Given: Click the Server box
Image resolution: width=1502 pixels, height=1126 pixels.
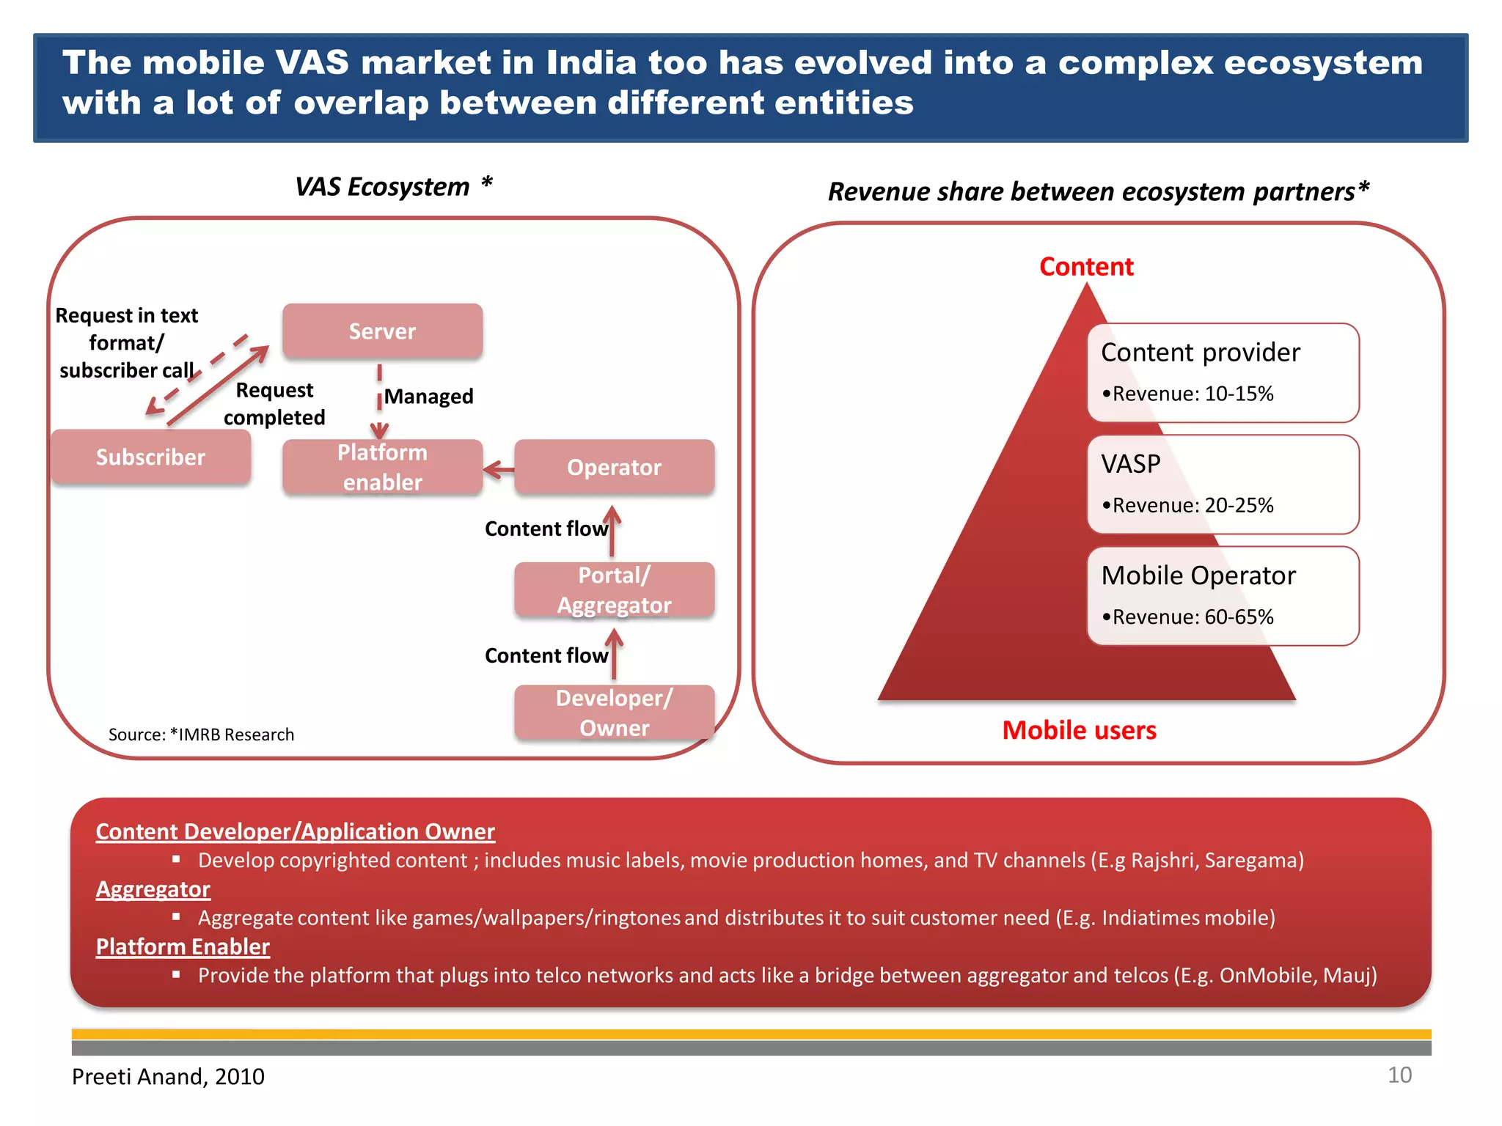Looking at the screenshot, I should (x=382, y=331).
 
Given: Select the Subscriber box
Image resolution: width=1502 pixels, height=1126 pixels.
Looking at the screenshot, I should (x=151, y=457).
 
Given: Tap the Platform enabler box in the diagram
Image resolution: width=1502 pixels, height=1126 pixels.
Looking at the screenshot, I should (x=382, y=467).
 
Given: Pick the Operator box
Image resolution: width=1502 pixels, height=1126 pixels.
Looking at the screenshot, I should (x=614, y=467).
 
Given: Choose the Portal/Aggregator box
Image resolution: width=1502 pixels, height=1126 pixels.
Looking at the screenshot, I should (x=614, y=590).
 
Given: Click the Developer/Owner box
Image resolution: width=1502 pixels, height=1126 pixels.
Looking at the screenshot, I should (x=614, y=713).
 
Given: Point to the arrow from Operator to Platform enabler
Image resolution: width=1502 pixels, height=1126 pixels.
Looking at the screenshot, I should (x=499, y=469).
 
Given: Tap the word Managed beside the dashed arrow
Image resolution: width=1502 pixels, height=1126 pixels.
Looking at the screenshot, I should (x=428, y=397).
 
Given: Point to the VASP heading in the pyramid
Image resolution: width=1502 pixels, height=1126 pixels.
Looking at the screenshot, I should (x=1131, y=464).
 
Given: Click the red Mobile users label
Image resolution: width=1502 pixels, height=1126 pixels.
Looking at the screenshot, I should (x=1079, y=730).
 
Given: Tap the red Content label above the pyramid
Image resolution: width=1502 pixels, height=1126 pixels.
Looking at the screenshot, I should (x=1086, y=267).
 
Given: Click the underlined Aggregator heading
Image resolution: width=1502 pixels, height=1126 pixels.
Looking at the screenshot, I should (x=153, y=889).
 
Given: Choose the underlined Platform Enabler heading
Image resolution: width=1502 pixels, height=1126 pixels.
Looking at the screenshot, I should (x=183, y=946).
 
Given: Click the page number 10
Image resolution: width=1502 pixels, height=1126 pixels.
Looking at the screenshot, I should (x=1399, y=1075).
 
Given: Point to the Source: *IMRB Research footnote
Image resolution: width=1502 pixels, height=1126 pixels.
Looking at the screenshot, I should (x=201, y=735).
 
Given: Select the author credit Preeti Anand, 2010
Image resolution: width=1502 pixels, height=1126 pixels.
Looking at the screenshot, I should (x=168, y=1076).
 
